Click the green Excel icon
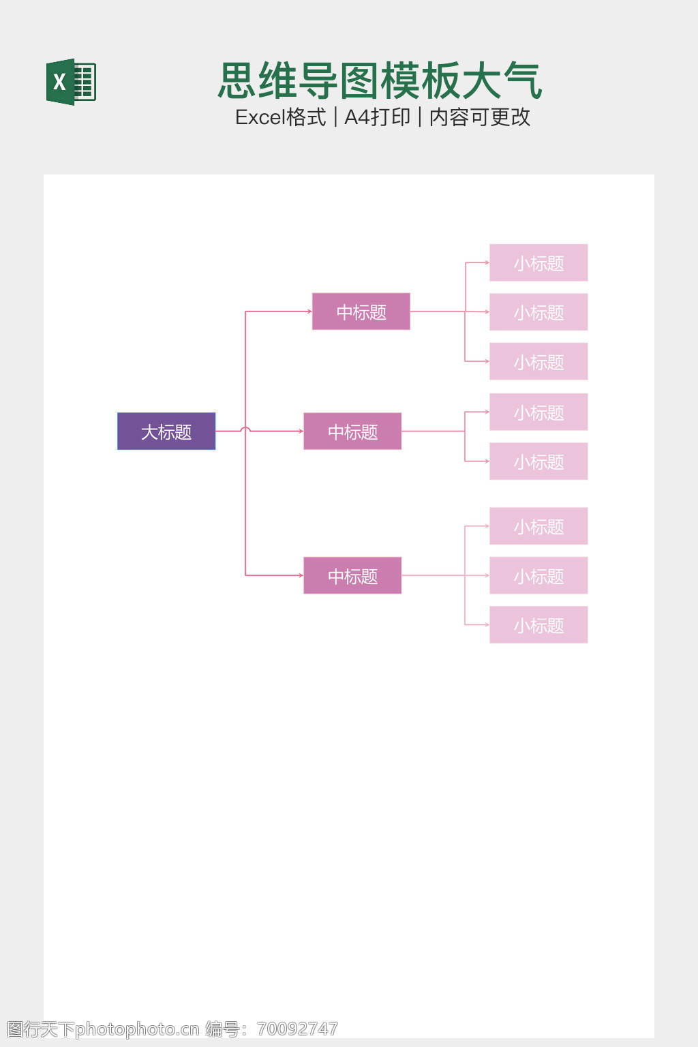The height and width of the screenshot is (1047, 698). coord(71,82)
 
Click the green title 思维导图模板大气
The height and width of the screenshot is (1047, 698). coord(380,81)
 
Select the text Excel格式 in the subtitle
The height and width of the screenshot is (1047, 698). coord(280,117)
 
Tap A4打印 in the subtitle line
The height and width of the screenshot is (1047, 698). coord(377,117)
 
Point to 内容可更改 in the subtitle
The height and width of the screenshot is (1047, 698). coord(480,117)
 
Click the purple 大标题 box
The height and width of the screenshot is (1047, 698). coord(166,431)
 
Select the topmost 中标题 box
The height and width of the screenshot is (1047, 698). coord(361,312)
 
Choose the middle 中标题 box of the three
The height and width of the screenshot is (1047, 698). coord(352,431)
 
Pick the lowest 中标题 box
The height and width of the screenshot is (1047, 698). coord(352,575)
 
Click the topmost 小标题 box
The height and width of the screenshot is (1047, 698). coord(538,262)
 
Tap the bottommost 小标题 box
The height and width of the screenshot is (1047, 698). coord(538,625)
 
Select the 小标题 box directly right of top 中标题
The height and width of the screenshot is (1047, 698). coord(538,312)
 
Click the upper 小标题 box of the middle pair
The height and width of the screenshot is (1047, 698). coord(538,412)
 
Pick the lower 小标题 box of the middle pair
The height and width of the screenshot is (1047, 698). coord(538,461)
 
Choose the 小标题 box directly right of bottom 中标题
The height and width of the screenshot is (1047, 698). coord(538,575)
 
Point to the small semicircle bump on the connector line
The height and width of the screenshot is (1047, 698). coord(245,429)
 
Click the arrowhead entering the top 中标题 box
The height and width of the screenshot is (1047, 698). coord(309,312)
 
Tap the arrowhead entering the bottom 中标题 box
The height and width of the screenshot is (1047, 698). coord(301,575)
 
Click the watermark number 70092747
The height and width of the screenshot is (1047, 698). coord(298,1029)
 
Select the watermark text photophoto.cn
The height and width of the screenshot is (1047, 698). coord(137,1029)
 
